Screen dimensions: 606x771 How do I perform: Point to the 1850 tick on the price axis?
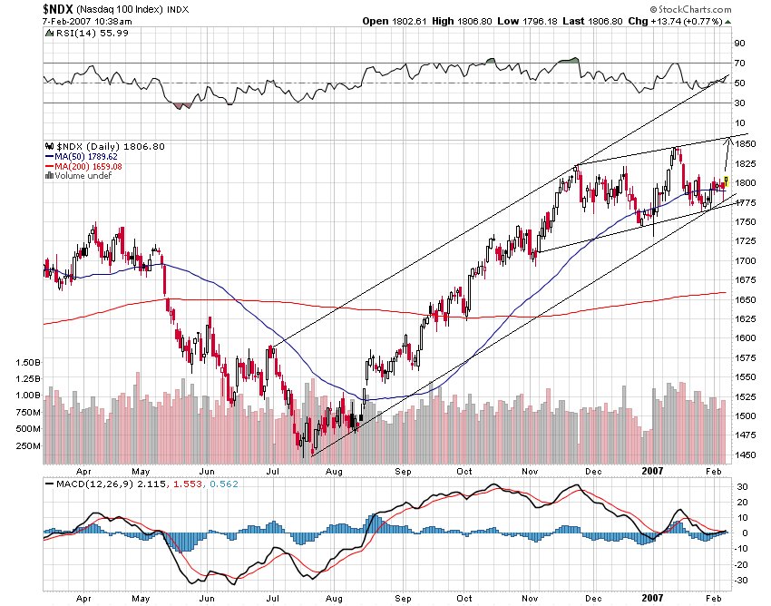(x=746, y=144)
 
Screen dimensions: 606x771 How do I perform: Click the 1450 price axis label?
(x=746, y=455)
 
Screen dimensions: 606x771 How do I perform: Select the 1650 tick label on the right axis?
(x=746, y=299)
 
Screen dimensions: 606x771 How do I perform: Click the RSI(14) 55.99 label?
(x=82, y=33)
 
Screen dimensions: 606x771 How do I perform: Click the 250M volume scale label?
(x=29, y=445)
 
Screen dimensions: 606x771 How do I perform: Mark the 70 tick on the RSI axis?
(x=739, y=64)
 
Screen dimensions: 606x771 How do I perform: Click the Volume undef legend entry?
(x=84, y=175)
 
